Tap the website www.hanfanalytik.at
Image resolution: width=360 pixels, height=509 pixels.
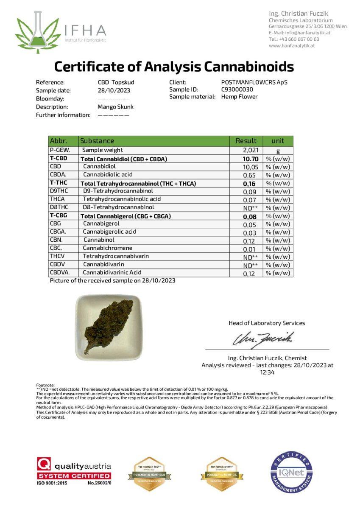(x=291, y=45)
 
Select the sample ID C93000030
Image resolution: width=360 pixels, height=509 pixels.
(x=237, y=89)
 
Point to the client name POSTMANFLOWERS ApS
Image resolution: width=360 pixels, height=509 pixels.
(x=254, y=82)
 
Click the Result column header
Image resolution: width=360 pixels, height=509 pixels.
(x=246, y=141)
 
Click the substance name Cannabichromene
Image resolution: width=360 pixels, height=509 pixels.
(x=107, y=248)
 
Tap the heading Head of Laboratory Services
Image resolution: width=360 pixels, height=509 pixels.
(x=267, y=323)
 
